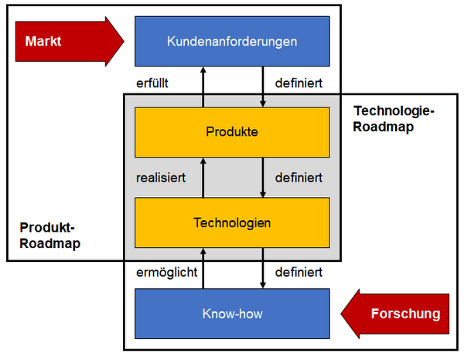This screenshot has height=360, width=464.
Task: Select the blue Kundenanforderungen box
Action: (232, 40)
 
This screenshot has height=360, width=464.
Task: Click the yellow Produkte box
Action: (232, 131)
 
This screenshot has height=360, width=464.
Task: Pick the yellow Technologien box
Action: (232, 222)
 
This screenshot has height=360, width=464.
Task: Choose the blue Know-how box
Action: (232, 314)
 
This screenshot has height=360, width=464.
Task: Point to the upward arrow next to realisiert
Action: (203, 176)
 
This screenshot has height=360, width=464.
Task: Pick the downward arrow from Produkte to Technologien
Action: (263, 176)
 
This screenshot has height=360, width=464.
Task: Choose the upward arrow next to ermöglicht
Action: (203, 267)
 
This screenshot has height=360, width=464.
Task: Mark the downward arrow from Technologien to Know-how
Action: (263, 267)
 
